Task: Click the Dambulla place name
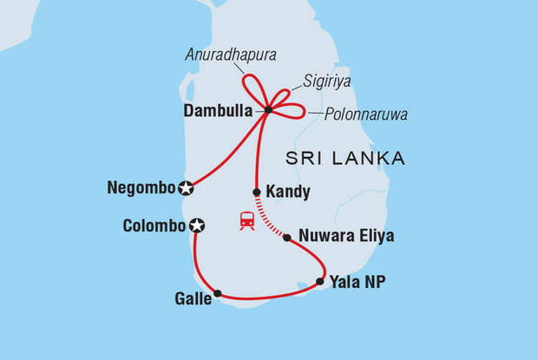220,111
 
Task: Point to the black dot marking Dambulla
267,110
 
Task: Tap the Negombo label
141,187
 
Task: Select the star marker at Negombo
185,187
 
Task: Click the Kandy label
291,193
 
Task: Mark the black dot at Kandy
257,193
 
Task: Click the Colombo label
153,226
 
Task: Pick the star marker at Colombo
197,226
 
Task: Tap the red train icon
246,221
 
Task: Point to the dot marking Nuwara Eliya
287,237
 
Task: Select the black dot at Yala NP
320,281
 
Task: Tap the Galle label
193,299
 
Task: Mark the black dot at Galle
217,293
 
